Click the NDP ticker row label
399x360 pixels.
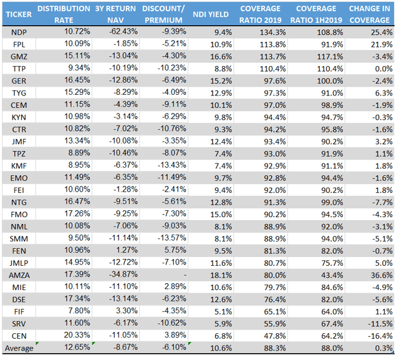19,32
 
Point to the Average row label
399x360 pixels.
19,348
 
